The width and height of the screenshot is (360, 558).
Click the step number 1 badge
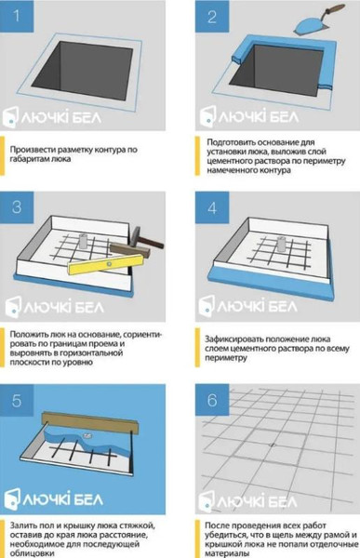click(x=17, y=16)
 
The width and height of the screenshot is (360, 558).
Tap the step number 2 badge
click(x=212, y=16)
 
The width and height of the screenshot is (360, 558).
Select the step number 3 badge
click(x=17, y=207)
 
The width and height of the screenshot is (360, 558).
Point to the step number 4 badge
click(x=212, y=207)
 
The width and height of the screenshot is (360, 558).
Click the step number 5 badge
click(x=17, y=400)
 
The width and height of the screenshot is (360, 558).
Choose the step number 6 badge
click(x=212, y=400)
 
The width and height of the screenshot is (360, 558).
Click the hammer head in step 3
click(x=133, y=236)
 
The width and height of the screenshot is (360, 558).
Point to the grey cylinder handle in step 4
click(x=281, y=245)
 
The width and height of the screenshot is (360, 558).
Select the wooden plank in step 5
click(x=89, y=421)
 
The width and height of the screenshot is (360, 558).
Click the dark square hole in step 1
click(x=83, y=70)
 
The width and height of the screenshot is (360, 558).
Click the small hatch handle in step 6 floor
click(x=273, y=445)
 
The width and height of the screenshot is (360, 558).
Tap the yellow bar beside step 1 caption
click(x=2, y=156)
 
